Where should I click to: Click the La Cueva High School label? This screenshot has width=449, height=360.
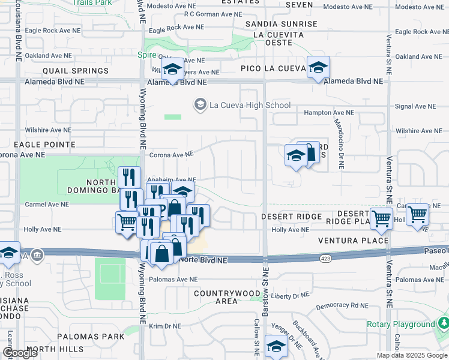(249, 106)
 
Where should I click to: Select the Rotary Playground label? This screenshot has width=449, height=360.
(400, 325)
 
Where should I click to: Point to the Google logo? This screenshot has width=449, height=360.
(20, 353)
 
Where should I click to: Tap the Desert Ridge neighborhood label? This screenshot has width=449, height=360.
(285, 216)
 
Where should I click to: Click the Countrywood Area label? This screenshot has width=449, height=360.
(226, 297)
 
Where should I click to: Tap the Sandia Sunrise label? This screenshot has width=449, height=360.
(282, 24)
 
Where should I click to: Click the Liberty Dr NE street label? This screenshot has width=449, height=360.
(290, 295)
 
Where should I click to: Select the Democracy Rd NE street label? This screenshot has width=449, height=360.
(343, 305)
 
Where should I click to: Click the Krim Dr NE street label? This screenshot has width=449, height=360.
(164, 326)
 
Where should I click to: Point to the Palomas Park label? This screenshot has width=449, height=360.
(91, 337)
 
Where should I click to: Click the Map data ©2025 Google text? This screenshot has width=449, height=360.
(412, 355)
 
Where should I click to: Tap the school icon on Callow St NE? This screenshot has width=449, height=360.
(276, 347)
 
